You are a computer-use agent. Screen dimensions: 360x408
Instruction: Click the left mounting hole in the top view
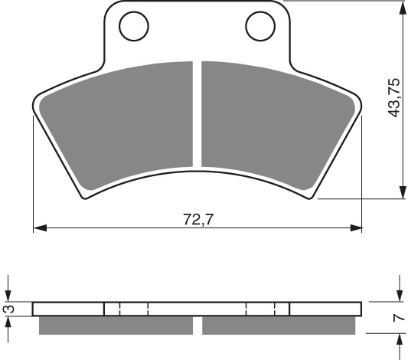[x=133, y=27]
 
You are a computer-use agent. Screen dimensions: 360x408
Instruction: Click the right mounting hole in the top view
[x=259, y=27]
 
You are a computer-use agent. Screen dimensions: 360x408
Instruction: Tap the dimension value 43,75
[x=393, y=97]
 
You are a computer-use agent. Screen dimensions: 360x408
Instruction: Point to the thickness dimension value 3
[x=8, y=309]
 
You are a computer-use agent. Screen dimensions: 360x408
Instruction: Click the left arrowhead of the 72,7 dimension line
[x=38, y=228]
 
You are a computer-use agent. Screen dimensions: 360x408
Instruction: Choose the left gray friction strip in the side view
[x=114, y=326]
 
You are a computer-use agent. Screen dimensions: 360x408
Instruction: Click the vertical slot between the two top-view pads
[x=197, y=115]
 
